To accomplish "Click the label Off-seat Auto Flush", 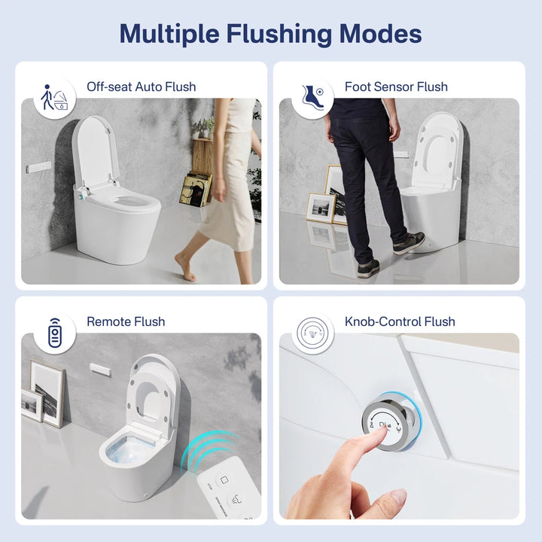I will pos(141,87).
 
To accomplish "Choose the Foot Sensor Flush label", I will pos(396,87).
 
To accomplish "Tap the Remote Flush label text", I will pos(126,321).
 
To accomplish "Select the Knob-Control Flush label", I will pos(400,321).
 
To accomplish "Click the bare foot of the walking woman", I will pos(184,266).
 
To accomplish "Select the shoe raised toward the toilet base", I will pos(409,242).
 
